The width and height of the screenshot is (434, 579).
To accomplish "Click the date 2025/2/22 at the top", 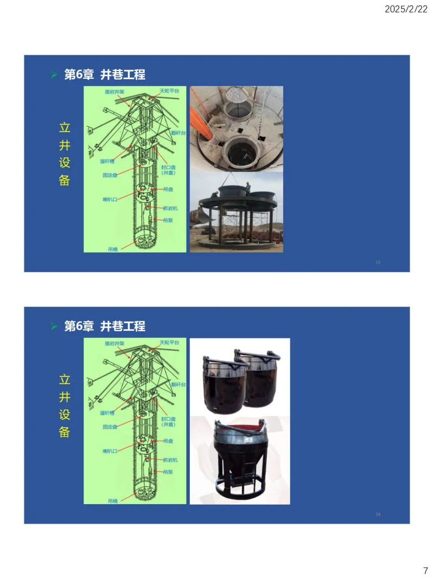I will pos(406,9).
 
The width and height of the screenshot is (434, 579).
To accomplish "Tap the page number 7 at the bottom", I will pos(425,570).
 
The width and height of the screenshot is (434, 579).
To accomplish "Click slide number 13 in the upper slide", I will pos(378,263).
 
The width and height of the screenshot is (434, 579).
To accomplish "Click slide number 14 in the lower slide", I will pos(378,514).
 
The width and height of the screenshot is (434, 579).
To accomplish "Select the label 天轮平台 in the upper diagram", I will pos(169,91).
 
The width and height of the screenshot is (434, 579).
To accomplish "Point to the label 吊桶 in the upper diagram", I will pos(112,249).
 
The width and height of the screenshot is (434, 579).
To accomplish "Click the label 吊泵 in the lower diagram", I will pos(168,472).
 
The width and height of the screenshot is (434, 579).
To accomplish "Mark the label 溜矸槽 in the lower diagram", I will pos(107,413).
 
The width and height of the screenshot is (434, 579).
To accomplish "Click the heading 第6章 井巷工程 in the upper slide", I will pos(105,74).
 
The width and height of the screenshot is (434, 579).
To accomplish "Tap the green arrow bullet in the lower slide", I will pos(54,326).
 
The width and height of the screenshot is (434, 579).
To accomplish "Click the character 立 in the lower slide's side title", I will pos(65,379).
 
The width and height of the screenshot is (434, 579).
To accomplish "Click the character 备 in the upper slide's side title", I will pos(65,181).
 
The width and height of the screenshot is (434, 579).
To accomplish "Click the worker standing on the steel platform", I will pos(248,186).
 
